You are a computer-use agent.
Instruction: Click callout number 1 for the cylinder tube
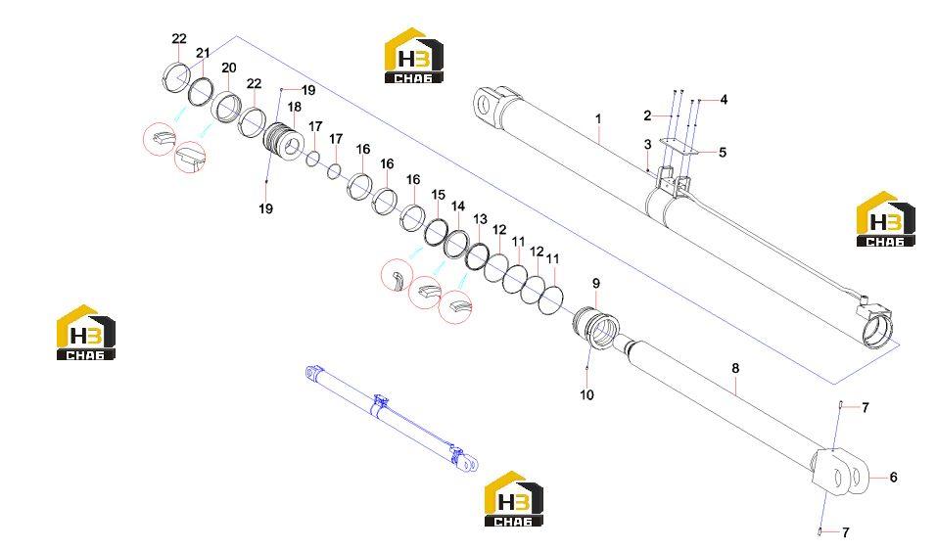coord(598,119)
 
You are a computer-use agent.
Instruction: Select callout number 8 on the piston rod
coord(735,368)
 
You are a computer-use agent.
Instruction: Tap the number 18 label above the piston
coord(295,107)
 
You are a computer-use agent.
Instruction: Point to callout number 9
coord(596,283)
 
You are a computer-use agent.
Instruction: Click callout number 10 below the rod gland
coord(586,395)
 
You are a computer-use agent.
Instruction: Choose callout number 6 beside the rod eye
coord(893,477)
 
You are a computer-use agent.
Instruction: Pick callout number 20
coord(229,69)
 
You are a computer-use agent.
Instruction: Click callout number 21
coord(204,53)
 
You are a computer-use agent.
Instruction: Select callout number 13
coord(480,219)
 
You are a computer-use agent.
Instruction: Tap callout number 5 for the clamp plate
coord(723,153)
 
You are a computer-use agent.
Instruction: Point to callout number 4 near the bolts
coord(724,100)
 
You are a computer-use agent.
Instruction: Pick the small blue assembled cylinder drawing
coord(392,419)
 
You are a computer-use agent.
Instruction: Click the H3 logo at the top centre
coord(413,55)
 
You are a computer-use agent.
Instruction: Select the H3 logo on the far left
coord(86,333)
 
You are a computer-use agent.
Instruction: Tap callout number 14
coord(458,207)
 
